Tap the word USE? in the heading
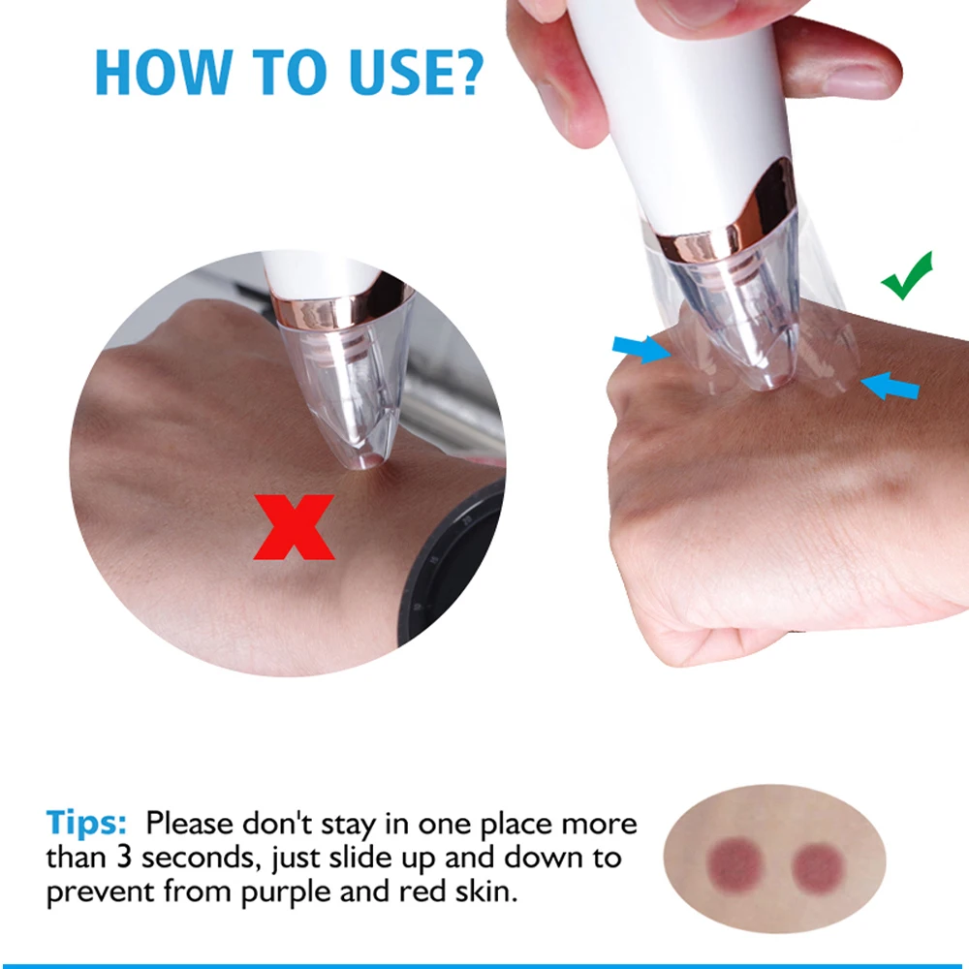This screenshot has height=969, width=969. [x=416, y=73]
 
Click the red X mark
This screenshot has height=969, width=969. [x=295, y=527]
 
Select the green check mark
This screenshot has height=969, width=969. [x=907, y=275]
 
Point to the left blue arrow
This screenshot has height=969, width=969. [x=641, y=349]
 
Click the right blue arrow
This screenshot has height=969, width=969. [x=890, y=387]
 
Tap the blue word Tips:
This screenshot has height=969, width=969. [x=86, y=824]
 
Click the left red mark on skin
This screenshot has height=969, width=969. [x=735, y=865]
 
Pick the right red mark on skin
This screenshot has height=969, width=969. [x=818, y=867]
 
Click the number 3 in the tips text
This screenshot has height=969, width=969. [x=124, y=858]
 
